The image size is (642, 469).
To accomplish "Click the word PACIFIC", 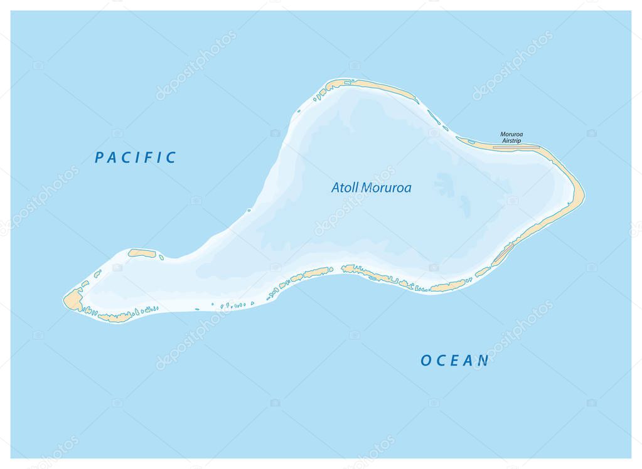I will point(136,157).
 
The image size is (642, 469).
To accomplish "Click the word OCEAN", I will point(454,361).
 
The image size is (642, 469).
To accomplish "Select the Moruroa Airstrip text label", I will point(511,137).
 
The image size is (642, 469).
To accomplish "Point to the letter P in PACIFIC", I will point(99,157).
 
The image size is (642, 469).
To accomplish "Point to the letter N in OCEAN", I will point(483,361).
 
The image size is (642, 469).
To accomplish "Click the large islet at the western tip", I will point(73,300).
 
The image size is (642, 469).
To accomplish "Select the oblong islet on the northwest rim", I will point(142,253).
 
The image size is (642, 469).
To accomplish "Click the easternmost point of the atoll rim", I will point(584,192).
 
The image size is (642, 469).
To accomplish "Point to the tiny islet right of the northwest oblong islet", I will point(161,256).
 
